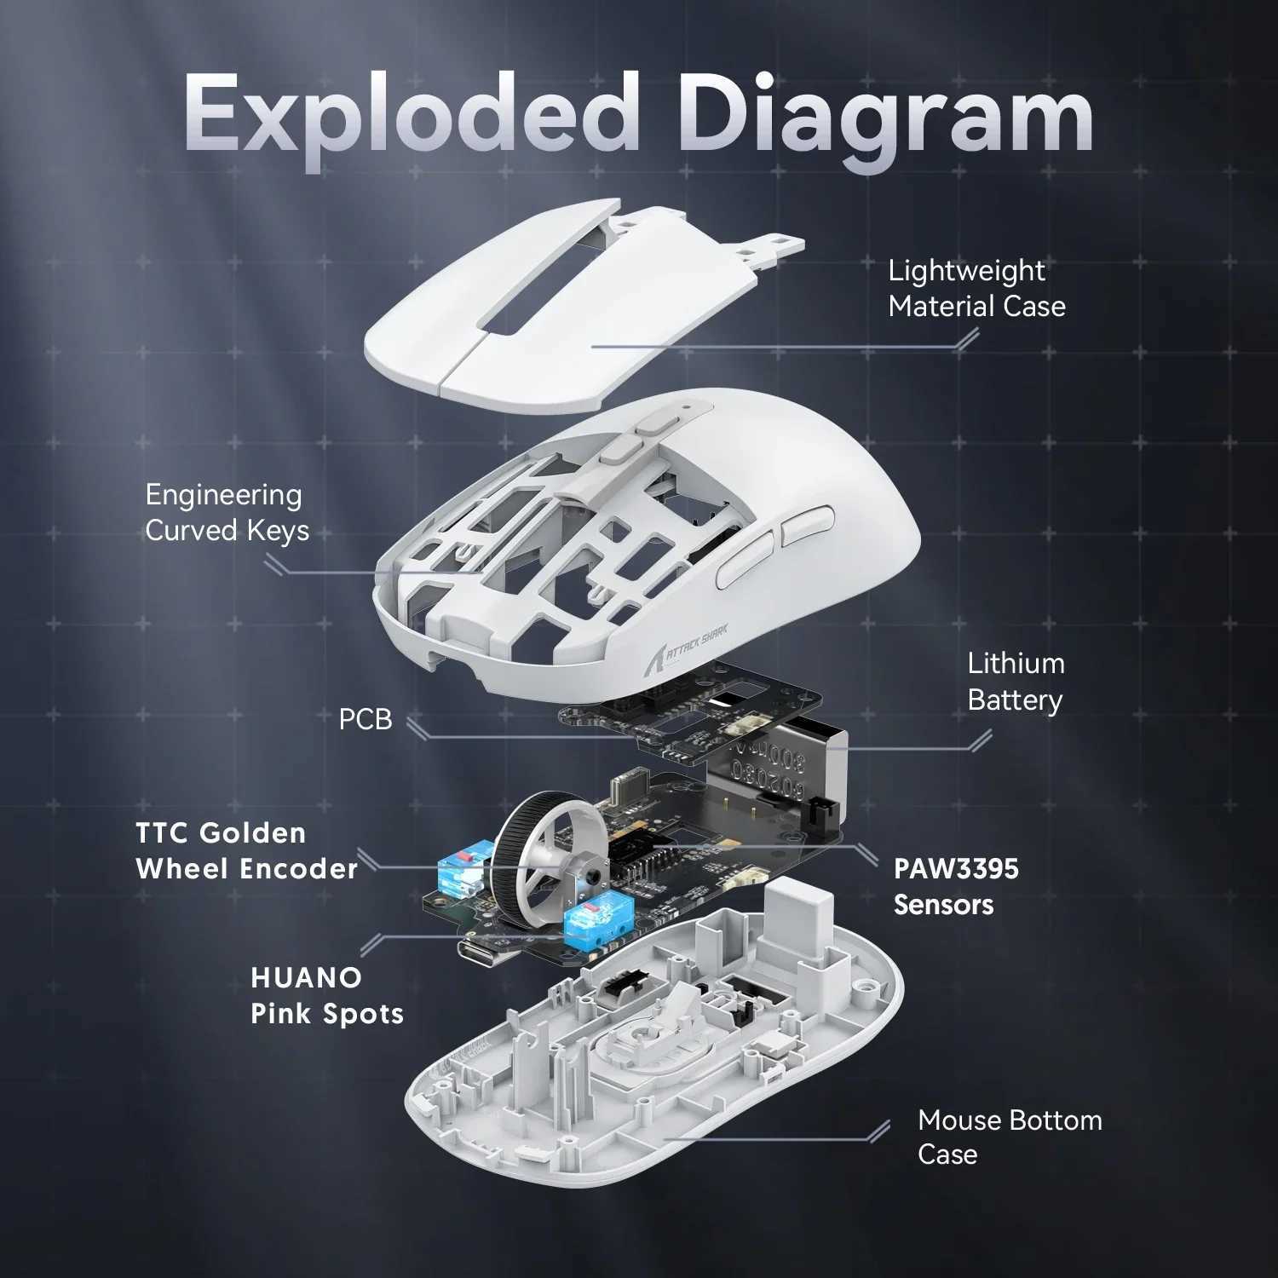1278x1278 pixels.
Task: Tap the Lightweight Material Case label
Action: (976, 288)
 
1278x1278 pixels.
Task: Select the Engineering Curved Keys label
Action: (227, 512)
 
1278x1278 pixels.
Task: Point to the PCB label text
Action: (366, 719)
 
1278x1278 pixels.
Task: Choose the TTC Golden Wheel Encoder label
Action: (246, 850)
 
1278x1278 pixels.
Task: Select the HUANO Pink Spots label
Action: (326, 995)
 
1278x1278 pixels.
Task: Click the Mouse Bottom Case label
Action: (1010, 1137)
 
